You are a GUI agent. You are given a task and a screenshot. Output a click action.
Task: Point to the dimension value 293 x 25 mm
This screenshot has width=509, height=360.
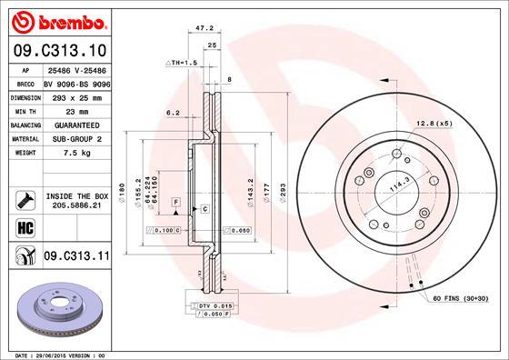click(76, 95)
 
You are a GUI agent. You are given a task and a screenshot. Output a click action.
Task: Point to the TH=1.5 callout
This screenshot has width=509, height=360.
click(183, 62)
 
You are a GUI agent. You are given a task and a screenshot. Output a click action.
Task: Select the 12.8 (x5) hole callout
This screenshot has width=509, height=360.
click(435, 123)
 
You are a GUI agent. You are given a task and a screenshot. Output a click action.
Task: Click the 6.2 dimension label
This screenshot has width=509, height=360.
click(171, 112)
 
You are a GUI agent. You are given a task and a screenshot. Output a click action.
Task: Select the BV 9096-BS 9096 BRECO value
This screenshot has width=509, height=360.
click(76, 82)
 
